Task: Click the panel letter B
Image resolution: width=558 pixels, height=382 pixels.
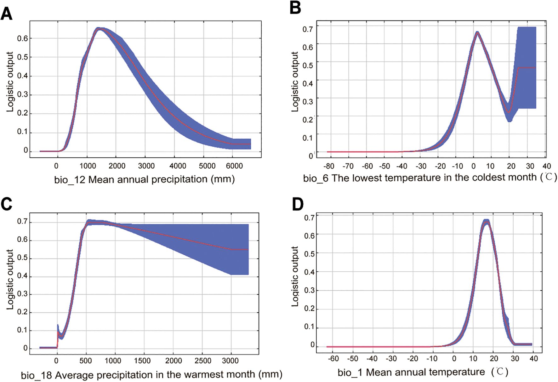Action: [x=295, y=8]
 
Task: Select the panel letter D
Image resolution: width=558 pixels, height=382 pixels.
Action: [x=297, y=205]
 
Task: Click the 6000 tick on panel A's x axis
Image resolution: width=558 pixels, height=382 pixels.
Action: [x=234, y=166]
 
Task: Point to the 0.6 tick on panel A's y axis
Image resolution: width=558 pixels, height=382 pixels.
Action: [x=22, y=38]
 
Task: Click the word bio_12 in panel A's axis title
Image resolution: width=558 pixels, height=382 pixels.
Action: [x=70, y=180]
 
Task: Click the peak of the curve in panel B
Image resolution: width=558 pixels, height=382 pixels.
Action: [x=477, y=32]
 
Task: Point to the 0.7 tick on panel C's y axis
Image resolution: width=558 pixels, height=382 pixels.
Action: [x=22, y=222]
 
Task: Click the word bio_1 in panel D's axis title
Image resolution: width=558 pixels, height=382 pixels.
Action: [x=350, y=373]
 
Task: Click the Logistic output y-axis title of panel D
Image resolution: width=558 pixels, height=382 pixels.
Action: [x=295, y=276]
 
